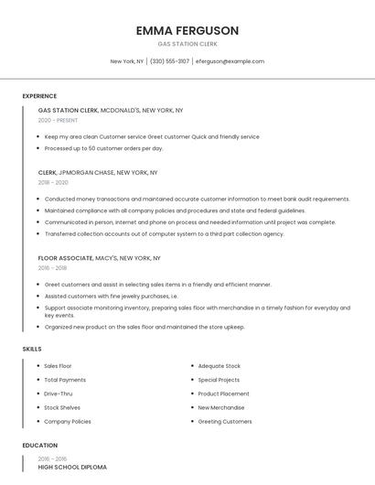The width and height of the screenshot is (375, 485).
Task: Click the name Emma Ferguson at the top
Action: (187, 30)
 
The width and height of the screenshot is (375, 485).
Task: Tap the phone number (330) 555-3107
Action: (169, 61)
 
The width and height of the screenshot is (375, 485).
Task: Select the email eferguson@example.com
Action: (230, 61)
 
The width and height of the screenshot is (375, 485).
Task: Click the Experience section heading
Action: (39, 96)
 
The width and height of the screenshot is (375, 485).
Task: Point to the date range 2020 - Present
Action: (58, 120)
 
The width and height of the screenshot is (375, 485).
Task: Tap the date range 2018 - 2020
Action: (53, 182)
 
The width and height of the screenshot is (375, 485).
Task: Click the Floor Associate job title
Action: (65, 258)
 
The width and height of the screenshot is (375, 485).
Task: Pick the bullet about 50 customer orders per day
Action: (103, 147)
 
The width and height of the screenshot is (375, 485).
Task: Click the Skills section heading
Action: (31, 349)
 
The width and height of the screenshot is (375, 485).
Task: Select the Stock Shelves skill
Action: (62, 407)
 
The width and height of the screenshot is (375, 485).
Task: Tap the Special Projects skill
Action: (219, 380)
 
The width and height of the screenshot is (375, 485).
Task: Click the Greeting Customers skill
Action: (225, 421)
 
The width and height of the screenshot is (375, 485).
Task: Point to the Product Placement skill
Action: (223, 393)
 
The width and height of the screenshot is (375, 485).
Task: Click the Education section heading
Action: (38, 446)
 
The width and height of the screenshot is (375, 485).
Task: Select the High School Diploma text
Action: (72, 467)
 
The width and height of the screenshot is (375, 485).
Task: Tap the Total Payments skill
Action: (65, 380)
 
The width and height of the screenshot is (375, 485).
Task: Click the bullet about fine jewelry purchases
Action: (111, 296)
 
